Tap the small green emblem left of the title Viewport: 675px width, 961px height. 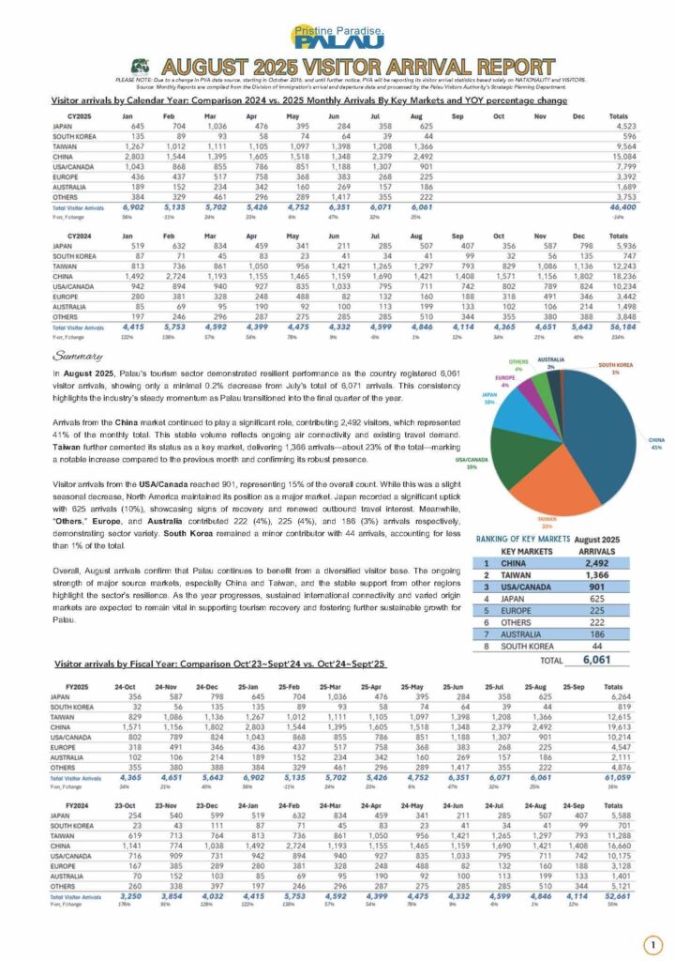click(x=140, y=69)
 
